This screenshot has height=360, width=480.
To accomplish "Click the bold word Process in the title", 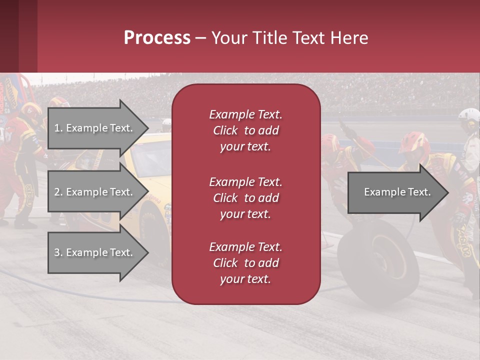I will tap(157, 38).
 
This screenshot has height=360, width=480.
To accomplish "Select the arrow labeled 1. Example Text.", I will tap(95, 128).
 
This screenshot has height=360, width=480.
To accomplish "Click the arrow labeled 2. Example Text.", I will tap(95, 192).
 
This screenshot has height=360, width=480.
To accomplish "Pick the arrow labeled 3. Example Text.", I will tap(95, 252).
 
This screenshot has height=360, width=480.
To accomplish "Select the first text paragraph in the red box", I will tap(245, 130).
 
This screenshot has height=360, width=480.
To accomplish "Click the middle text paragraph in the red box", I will tap(245, 198).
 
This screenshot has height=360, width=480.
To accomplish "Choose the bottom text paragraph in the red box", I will tap(245, 263).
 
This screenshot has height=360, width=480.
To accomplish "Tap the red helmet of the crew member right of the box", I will tap(414, 142).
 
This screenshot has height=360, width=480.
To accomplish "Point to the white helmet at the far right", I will tap(469, 116).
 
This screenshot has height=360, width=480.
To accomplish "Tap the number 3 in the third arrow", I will tap(57, 252).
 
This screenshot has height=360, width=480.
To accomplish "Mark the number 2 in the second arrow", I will tap(57, 192).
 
